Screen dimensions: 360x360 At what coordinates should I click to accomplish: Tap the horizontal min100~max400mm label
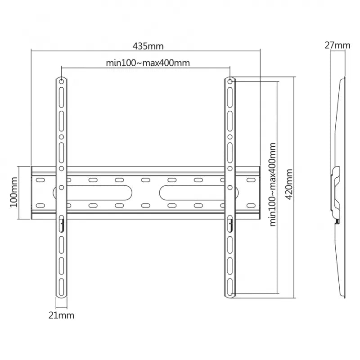coord(148,63)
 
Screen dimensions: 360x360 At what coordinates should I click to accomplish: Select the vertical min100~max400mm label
coord(273,184)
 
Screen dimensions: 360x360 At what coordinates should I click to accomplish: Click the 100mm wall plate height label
coord(13,193)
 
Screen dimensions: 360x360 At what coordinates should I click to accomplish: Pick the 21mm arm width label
coord(61,315)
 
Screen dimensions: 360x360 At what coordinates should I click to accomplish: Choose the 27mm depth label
coord(337,45)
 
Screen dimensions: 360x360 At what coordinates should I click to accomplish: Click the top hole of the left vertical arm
coord(61,81)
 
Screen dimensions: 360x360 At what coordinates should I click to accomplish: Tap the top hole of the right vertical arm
coord(230,81)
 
